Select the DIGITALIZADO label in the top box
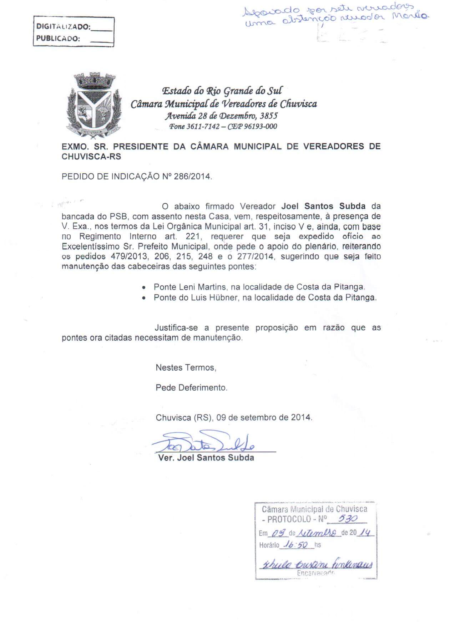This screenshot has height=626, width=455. click(63, 26)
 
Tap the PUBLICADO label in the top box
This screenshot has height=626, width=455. click(58, 39)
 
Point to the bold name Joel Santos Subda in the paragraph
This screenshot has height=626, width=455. click(323, 206)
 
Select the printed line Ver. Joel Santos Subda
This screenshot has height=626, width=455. click(206, 458)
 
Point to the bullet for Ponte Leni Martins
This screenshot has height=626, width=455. click(143, 287)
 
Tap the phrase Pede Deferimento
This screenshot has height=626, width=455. click(191, 387)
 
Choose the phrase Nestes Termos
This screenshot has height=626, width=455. click(186, 367)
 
